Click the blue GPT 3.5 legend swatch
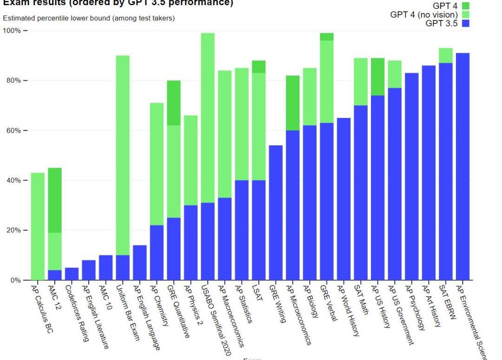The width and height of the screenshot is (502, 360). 466,23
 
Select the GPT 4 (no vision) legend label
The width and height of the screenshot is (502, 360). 424,14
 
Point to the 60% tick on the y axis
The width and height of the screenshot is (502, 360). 26,131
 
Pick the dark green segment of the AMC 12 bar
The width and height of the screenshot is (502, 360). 55,200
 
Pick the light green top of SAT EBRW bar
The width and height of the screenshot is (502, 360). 445,55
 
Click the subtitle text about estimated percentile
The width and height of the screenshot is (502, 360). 89,18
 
